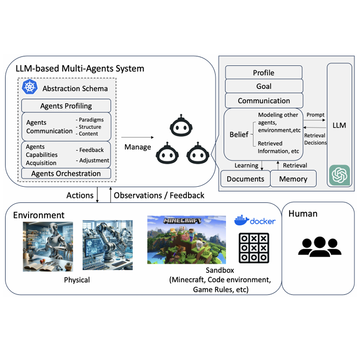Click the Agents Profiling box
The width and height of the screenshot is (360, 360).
[x=66, y=106]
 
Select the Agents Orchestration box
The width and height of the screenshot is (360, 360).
[x=66, y=173]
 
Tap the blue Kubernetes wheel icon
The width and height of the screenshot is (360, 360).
[x=30, y=88]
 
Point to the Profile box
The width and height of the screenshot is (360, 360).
[x=264, y=72]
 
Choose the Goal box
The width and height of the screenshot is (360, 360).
[x=264, y=86]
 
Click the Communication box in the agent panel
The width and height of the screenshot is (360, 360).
[x=264, y=100]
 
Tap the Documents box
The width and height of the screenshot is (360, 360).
[x=245, y=179]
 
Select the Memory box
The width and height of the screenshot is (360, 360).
[x=293, y=179]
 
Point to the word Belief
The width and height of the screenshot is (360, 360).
[x=239, y=134]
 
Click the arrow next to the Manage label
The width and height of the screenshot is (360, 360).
[x=137, y=137]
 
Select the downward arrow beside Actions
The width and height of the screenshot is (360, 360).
[x=97, y=195]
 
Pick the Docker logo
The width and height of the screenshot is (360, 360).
[x=254, y=220]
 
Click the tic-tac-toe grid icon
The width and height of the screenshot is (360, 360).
[x=254, y=248]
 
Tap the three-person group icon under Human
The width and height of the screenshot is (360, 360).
[x=319, y=247]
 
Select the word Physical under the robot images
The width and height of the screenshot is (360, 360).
[x=77, y=280]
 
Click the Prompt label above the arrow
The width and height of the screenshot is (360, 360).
[x=315, y=115]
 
